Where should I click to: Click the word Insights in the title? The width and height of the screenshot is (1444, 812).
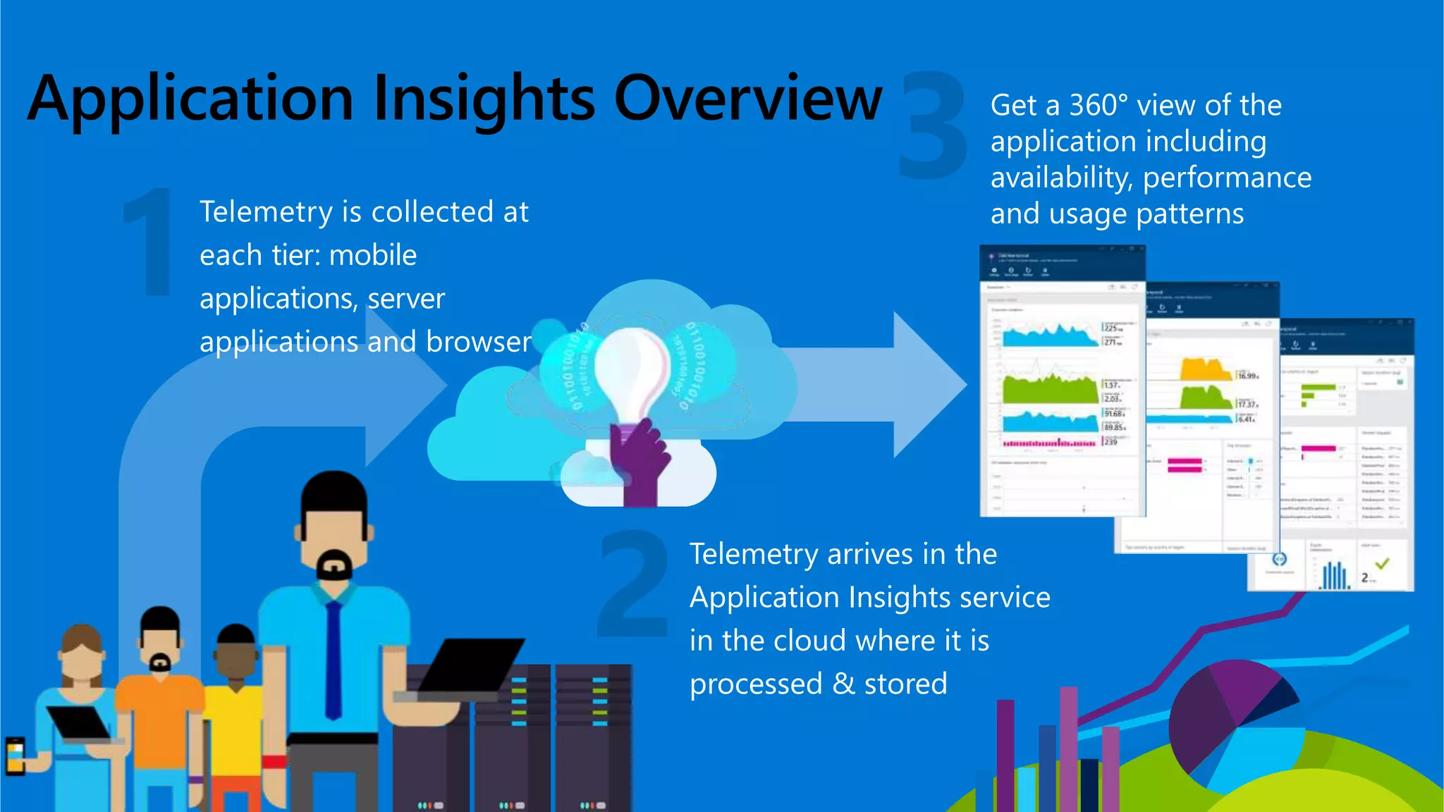tap(484, 99)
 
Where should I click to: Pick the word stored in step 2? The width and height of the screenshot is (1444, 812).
tap(905, 684)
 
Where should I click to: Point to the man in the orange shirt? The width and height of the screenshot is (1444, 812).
tap(160, 698)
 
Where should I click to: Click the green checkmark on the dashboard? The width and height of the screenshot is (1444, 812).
tap(1382, 564)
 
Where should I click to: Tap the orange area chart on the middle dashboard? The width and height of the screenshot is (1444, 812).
tap(1204, 369)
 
